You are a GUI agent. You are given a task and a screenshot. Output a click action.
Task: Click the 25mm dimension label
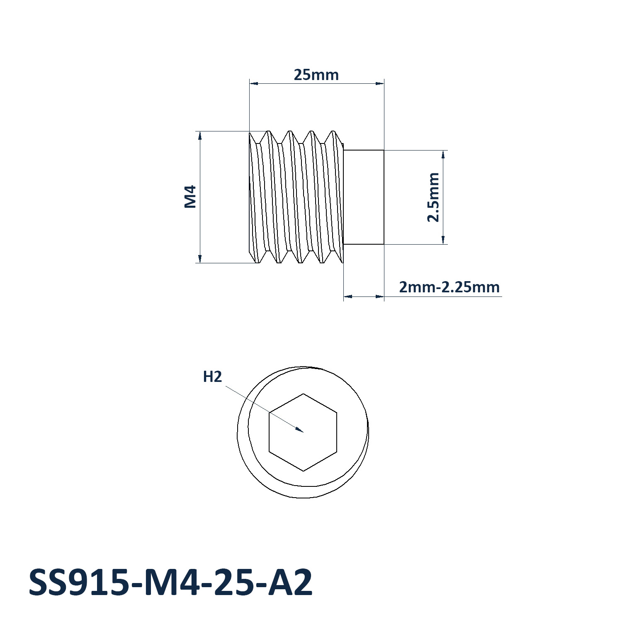[x=316, y=75]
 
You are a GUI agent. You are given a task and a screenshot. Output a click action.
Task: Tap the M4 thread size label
[x=190, y=197]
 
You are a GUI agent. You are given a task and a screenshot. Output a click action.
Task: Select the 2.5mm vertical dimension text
[x=433, y=197]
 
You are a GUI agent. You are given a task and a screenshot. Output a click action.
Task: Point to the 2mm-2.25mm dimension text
[x=449, y=287]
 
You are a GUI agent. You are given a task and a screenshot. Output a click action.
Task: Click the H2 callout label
[x=212, y=377]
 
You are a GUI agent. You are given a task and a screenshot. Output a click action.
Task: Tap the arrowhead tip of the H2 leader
[x=303, y=432]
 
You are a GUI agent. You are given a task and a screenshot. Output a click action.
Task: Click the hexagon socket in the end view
[x=303, y=432]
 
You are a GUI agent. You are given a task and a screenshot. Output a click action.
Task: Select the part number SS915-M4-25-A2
[x=170, y=583]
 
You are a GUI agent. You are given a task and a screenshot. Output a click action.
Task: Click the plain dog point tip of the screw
[x=364, y=197]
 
